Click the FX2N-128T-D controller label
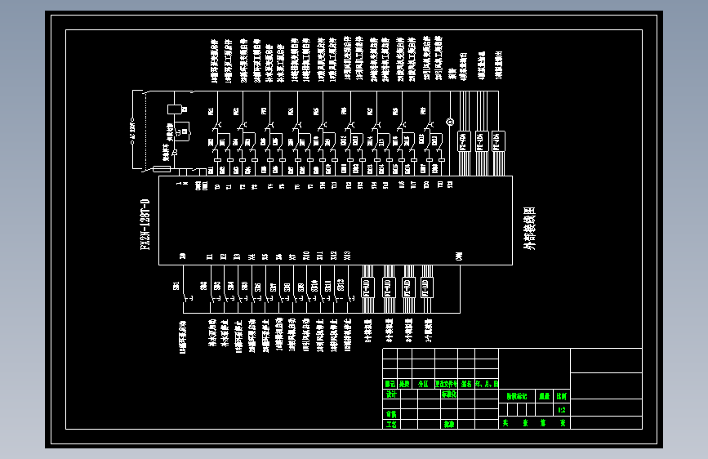(x=145, y=225)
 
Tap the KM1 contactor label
(x=211, y=111)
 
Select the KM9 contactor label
(x=423, y=111)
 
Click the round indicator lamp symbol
(x=448, y=123)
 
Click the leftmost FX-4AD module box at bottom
(x=367, y=287)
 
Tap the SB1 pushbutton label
(x=176, y=285)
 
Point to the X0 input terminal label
(x=182, y=256)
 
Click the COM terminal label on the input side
(x=459, y=256)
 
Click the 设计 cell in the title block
(x=390, y=394)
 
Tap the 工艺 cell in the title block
(x=390, y=424)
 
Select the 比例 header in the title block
(x=561, y=394)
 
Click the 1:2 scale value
(x=561, y=409)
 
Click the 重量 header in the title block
(x=544, y=394)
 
